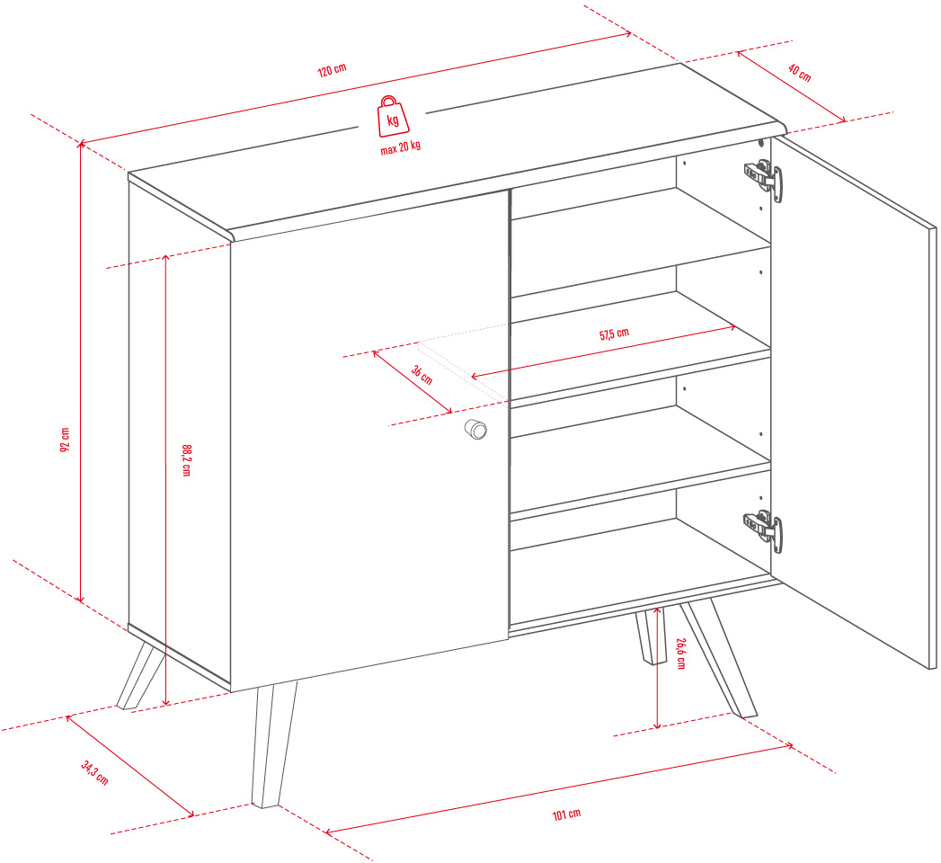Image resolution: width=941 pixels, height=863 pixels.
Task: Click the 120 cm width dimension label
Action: pyautogui.click(x=332, y=70)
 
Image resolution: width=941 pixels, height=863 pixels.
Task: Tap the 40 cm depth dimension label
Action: pyautogui.click(x=799, y=73)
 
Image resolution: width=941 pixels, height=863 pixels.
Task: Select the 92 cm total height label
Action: pyautogui.click(x=65, y=440)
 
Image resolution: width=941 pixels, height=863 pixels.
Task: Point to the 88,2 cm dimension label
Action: pyautogui.click(x=187, y=460)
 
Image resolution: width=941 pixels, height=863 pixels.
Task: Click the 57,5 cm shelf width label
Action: pyautogui.click(x=614, y=334)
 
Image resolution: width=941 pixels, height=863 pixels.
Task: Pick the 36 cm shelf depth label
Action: pyautogui.click(x=422, y=375)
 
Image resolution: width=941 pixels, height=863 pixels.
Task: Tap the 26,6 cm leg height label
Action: pyautogui.click(x=680, y=654)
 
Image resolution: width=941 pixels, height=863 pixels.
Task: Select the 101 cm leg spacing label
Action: pyautogui.click(x=566, y=814)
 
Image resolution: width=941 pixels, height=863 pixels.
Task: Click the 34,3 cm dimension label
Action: pyautogui.click(x=95, y=772)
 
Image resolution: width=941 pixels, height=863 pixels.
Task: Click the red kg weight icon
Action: pyautogui.click(x=393, y=117)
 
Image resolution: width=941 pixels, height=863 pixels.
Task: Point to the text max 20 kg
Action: pyautogui.click(x=400, y=147)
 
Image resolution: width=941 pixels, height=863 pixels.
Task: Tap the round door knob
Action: pyautogui.click(x=476, y=429)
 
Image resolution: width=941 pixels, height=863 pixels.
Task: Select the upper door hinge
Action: pyautogui.click(x=763, y=179)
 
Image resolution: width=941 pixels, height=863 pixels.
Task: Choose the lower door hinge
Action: pyautogui.click(x=763, y=529)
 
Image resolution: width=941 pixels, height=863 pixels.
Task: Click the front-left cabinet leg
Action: pyautogui.click(x=273, y=744)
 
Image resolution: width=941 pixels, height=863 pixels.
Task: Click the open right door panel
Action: pyautogui.click(x=854, y=402)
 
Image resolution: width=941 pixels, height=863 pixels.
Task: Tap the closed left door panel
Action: pyautogui.click(x=369, y=441)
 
